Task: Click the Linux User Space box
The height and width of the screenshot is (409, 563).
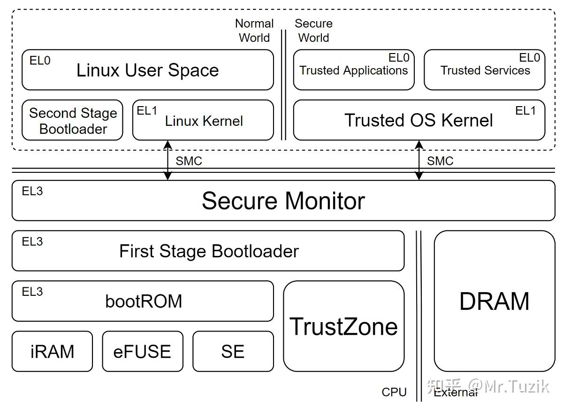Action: tap(147, 70)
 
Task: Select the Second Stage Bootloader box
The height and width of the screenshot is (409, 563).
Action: tap(73, 120)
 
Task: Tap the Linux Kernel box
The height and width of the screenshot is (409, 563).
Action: tap(203, 121)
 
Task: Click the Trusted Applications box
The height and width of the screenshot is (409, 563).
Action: tap(354, 70)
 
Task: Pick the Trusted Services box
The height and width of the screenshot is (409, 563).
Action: tap(485, 70)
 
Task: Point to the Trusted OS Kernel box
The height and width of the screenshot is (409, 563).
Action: tap(418, 120)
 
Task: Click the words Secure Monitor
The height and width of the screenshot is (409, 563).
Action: tap(283, 201)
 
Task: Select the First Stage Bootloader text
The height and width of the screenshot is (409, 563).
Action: tap(209, 251)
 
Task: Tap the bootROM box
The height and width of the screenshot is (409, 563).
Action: tap(143, 301)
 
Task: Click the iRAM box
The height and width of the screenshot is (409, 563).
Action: tap(52, 351)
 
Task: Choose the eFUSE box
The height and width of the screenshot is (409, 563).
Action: tap(143, 351)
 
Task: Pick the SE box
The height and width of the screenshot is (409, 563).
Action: tap(233, 351)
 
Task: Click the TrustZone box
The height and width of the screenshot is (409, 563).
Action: tap(344, 326)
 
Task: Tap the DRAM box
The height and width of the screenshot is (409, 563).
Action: tap(495, 301)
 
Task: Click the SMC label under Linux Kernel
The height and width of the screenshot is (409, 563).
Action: tap(189, 161)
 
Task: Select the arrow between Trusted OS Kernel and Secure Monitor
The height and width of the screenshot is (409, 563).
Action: tap(419, 160)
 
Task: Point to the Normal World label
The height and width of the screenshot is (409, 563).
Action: tap(254, 31)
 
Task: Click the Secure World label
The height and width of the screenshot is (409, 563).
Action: tap(313, 31)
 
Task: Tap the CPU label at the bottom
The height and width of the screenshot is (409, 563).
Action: tap(394, 392)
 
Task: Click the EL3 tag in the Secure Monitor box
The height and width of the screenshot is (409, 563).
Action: tap(32, 191)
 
